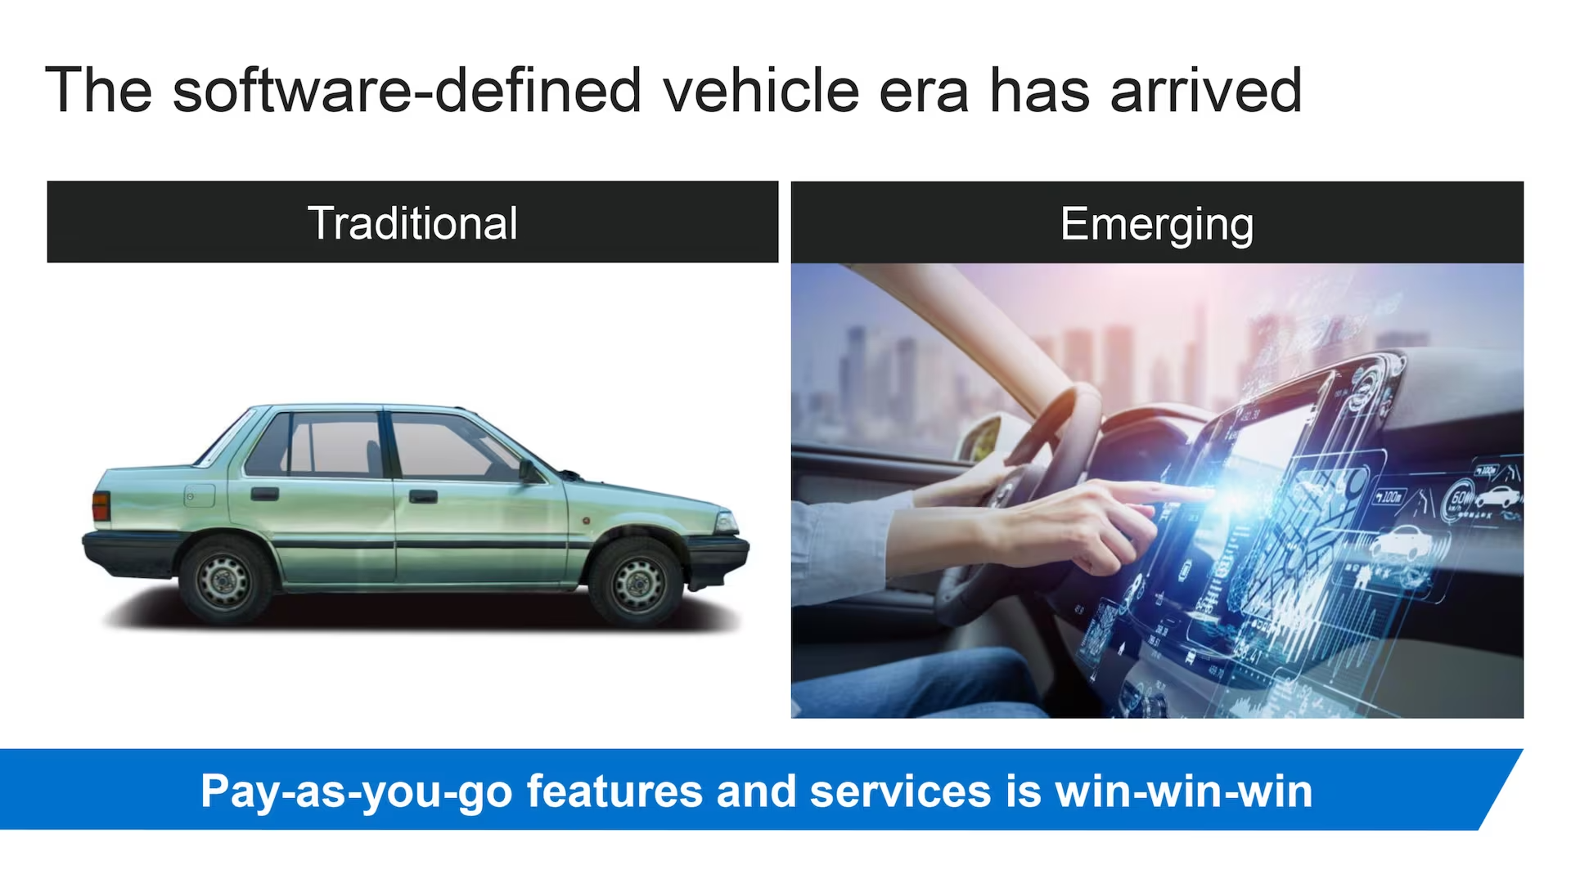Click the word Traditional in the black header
[412, 223]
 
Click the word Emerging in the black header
[1157, 226]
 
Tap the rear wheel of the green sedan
[224, 580]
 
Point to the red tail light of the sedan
[101, 506]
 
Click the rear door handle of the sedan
[264, 494]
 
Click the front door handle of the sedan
[423, 496]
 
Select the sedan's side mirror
[529, 471]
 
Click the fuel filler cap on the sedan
[199, 495]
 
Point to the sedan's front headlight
[726, 522]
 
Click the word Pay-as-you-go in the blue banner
[356, 792]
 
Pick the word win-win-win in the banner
[1183, 791]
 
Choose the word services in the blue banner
[900, 791]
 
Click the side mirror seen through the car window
[982, 439]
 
